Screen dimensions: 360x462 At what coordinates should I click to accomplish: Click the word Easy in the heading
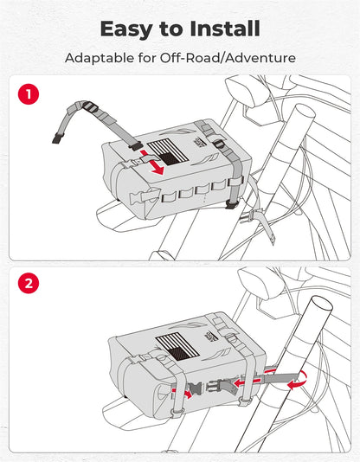(127, 29)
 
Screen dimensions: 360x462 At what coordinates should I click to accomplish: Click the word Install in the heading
(225, 29)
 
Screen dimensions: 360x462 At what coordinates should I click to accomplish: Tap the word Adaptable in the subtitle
(100, 58)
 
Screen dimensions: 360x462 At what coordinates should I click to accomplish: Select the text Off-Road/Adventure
(228, 57)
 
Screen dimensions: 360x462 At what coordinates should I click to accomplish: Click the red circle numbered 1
(29, 94)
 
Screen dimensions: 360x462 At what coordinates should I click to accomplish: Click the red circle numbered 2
(29, 284)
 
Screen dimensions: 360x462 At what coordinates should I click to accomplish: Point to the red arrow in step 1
(151, 163)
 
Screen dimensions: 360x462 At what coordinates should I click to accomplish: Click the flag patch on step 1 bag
(168, 153)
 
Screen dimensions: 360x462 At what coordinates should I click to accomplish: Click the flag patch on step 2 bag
(177, 346)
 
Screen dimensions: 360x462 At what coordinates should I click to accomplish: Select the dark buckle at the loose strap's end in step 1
(57, 138)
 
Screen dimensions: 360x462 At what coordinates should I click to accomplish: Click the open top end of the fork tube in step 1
(305, 112)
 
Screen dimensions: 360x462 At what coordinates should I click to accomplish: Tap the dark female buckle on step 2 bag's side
(194, 389)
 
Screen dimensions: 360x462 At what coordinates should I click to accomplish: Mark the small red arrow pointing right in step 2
(182, 393)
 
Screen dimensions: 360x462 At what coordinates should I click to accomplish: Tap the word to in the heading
(171, 29)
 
